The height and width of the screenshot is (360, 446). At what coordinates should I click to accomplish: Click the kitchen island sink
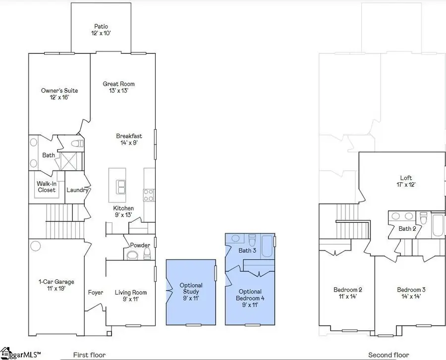pos(120,187)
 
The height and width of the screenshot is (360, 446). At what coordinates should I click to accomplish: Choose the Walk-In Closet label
pos(46,187)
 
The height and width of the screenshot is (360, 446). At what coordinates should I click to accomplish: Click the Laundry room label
pos(77,190)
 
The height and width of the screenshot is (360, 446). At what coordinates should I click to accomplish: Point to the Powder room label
pos(140,245)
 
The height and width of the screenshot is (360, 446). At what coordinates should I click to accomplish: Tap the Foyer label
pos(96,293)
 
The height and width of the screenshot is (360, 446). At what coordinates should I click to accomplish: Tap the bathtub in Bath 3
pos(267,247)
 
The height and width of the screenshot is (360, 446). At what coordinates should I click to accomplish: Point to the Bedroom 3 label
pos(411,293)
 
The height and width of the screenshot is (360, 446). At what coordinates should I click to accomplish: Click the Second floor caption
pos(389,355)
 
